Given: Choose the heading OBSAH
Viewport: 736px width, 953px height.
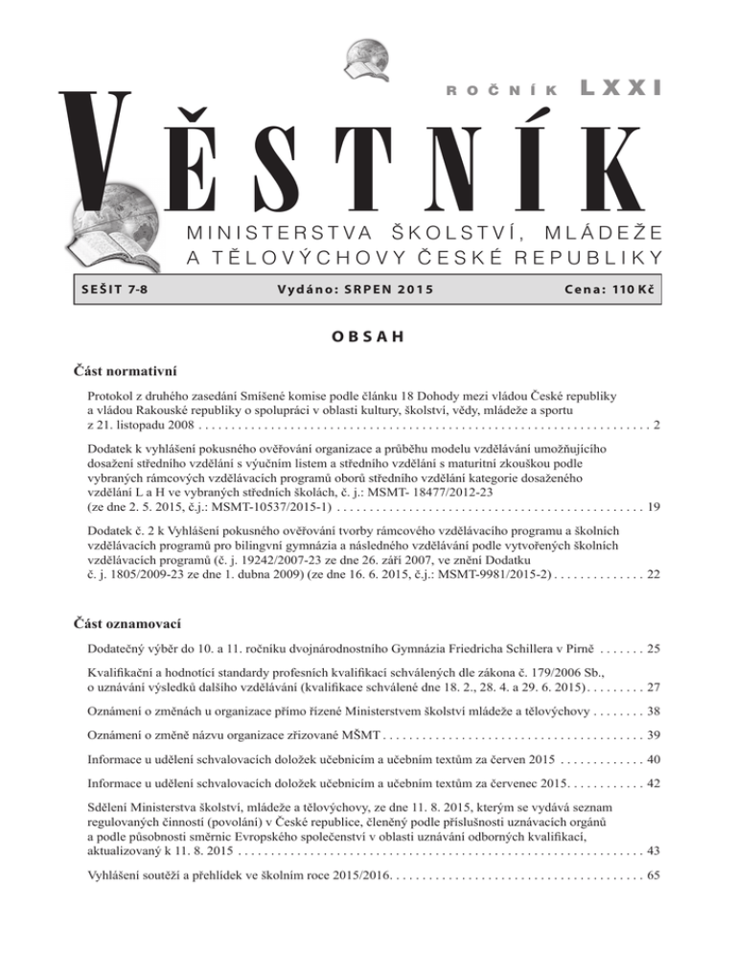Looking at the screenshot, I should pos(368,337).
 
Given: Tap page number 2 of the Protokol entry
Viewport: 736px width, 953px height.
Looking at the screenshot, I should pos(655,424).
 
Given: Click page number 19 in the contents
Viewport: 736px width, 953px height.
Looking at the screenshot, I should pos(652,504).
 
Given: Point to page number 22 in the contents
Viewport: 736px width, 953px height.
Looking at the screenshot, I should pos(652,573).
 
